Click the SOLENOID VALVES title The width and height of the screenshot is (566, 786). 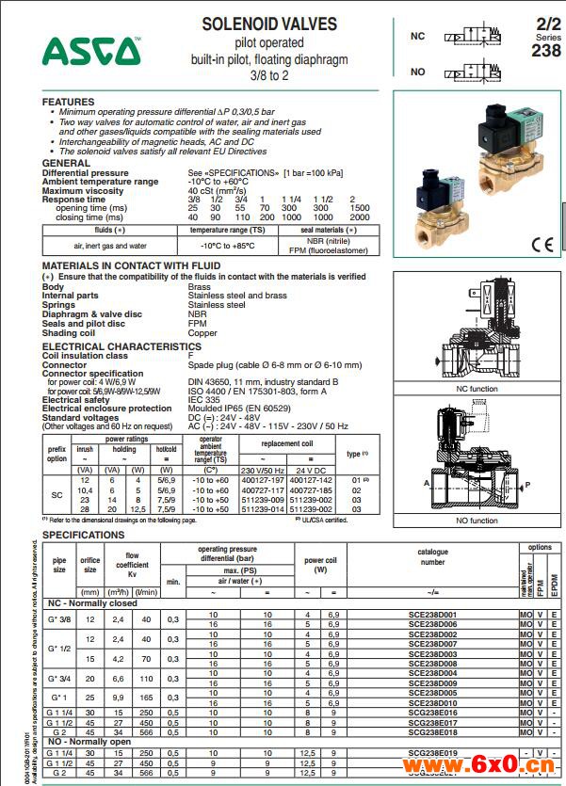click(269, 24)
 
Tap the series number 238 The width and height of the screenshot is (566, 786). click(545, 51)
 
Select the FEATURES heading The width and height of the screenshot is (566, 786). click(69, 102)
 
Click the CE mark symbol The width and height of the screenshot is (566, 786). click(542, 246)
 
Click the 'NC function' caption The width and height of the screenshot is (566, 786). click(477, 389)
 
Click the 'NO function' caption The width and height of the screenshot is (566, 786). click(477, 521)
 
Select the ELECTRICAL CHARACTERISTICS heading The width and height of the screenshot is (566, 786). click(121, 346)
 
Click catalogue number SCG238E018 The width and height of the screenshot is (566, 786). click(432, 731)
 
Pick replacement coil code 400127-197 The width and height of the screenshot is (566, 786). click(263, 479)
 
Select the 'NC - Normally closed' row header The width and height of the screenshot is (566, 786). click(91, 602)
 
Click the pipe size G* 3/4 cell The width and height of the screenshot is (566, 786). click(59, 677)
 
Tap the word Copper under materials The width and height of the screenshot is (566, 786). click(202, 332)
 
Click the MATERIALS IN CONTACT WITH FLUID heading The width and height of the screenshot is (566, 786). click(131, 266)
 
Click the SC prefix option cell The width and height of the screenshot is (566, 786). click(57, 494)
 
